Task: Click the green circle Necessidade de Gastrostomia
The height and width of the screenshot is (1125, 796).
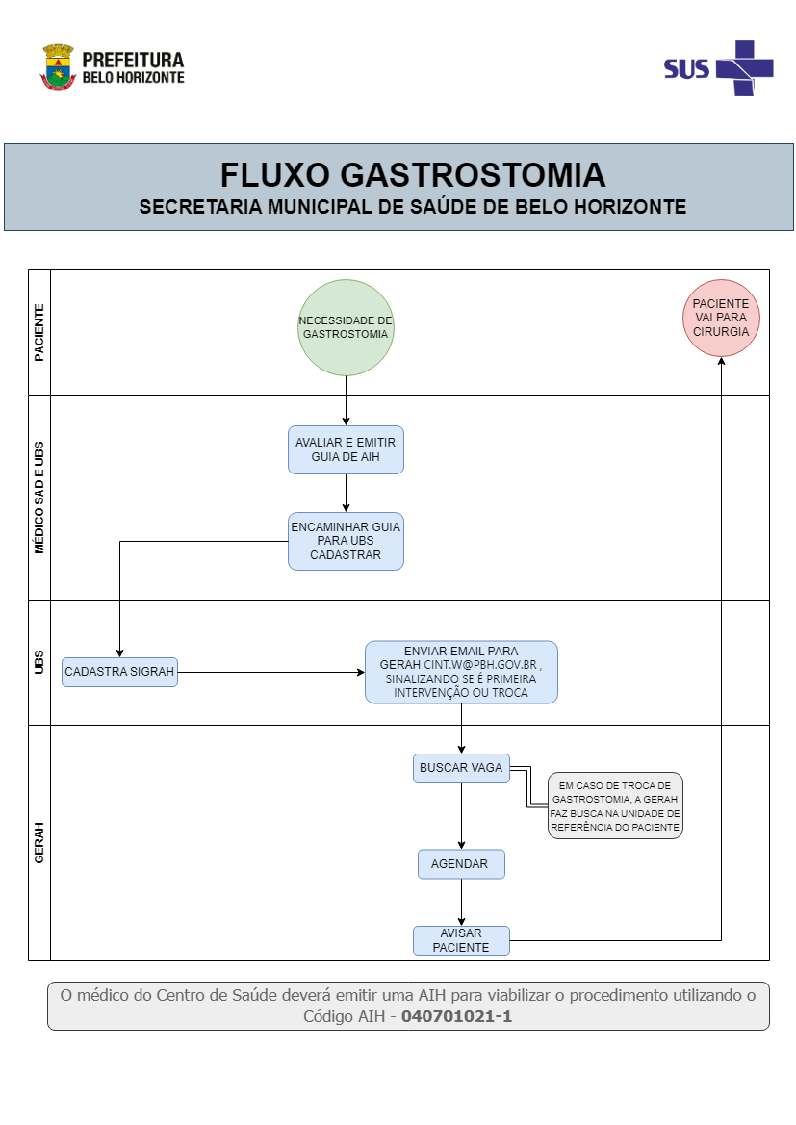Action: point(346,327)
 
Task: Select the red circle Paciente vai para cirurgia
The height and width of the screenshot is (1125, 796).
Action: point(720,318)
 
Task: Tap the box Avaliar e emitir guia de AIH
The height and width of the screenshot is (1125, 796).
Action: point(346,449)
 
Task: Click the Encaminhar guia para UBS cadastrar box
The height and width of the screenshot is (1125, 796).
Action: point(346,541)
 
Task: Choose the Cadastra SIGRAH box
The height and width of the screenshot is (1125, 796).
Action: point(119,672)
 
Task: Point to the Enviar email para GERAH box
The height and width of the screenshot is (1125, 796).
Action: point(461,672)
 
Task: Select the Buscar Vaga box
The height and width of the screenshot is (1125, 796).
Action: point(461,768)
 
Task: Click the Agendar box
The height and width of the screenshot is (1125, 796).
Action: point(461,864)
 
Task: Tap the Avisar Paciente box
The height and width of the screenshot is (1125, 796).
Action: point(461,940)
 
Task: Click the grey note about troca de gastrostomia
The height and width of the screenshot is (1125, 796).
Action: point(616,805)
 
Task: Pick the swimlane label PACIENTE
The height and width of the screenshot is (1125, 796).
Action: point(39,333)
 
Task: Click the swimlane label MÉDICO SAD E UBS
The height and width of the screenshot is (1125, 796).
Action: point(39,498)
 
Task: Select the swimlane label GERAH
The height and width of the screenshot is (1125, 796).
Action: point(39,843)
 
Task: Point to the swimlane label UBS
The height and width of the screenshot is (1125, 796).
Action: point(39,662)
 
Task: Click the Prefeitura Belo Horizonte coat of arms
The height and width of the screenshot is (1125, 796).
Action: point(58,67)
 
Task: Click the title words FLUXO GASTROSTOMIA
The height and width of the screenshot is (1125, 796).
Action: point(413,175)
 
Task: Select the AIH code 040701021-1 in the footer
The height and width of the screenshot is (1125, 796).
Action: point(456,1016)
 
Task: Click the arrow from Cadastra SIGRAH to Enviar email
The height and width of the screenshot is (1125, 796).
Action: point(270,672)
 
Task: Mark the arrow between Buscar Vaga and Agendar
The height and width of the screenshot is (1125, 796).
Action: point(461,816)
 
